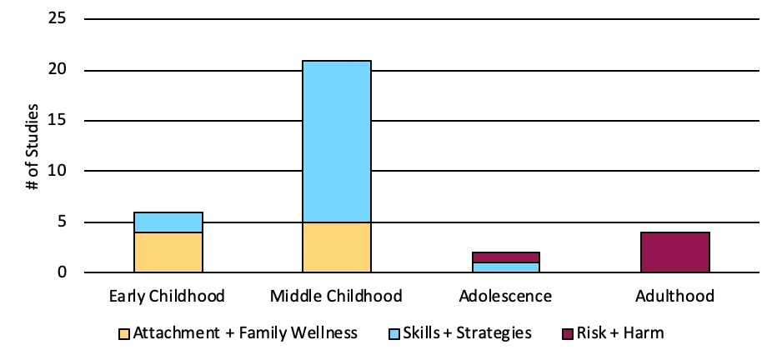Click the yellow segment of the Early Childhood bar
[168, 252]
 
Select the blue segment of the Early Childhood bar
[168, 222]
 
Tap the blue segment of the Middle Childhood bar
[336, 141]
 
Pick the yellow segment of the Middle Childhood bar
[336, 247]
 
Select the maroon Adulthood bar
[674, 252]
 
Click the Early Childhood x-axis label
[168, 296]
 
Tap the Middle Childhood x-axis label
[336, 296]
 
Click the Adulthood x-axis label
[674, 296]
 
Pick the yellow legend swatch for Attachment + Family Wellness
[124, 333]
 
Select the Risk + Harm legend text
[624, 333]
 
